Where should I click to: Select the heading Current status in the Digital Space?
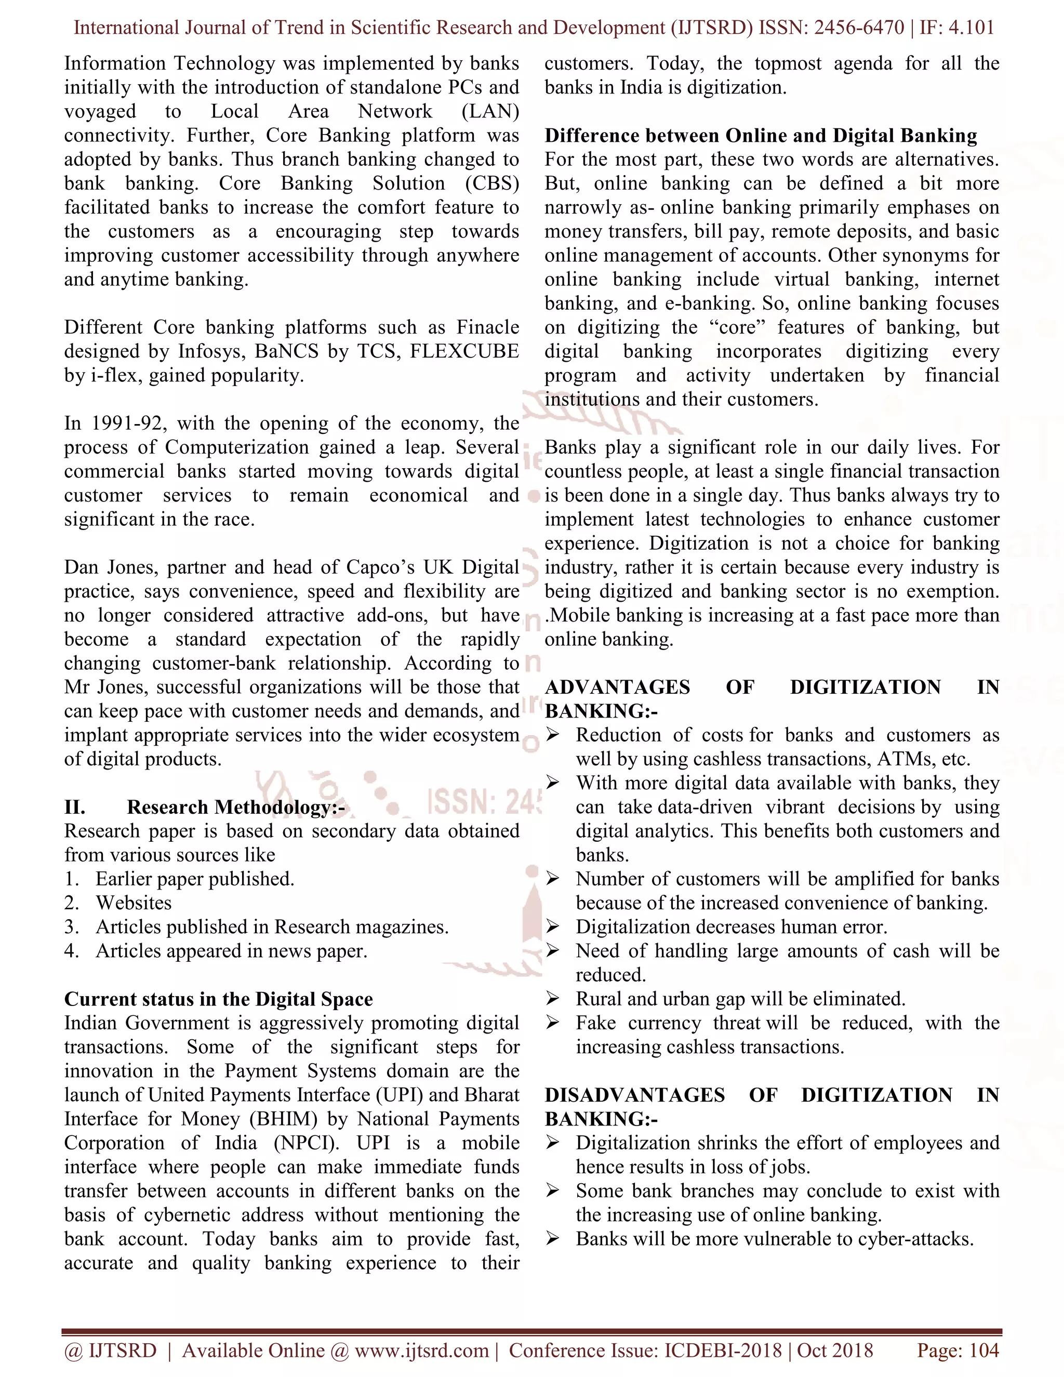click(x=218, y=999)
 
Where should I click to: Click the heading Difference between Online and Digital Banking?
click(x=761, y=136)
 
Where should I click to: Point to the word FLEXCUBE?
click(x=464, y=351)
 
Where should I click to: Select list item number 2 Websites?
click(x=133, y=903)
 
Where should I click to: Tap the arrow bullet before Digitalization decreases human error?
click(x=552, y=927)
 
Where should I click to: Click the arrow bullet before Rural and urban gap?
click(x=552, y=999)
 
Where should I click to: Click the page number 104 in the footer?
click(x=983, y=1350)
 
